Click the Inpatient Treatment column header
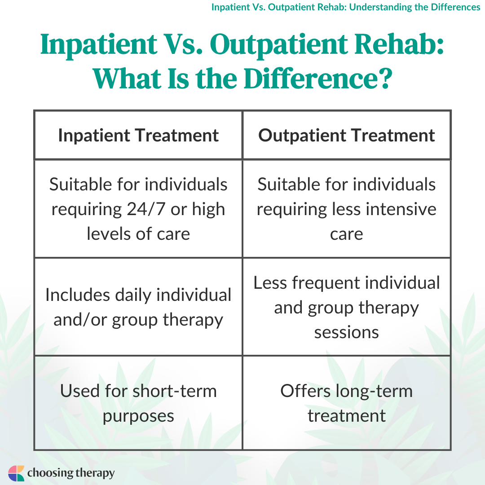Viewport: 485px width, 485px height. pos(138,136)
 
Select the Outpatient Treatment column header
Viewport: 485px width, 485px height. pos(346,136)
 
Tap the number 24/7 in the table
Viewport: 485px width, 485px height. pos(146,209)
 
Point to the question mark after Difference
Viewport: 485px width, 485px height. pos(385,79)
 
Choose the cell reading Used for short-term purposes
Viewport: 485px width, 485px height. pos(138,403)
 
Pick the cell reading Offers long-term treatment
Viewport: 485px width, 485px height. pos(346,403)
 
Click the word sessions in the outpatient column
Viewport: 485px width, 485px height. pos(346,332)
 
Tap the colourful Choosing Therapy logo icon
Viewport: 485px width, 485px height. pos(16,473)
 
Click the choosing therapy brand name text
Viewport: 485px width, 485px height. pos(71,473)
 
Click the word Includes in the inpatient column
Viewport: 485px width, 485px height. pos(78,295)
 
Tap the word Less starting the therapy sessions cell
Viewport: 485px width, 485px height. pos(270,283)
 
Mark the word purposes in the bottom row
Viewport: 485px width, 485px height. pos(138,416)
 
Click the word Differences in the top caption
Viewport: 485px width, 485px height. pos(456,7)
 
